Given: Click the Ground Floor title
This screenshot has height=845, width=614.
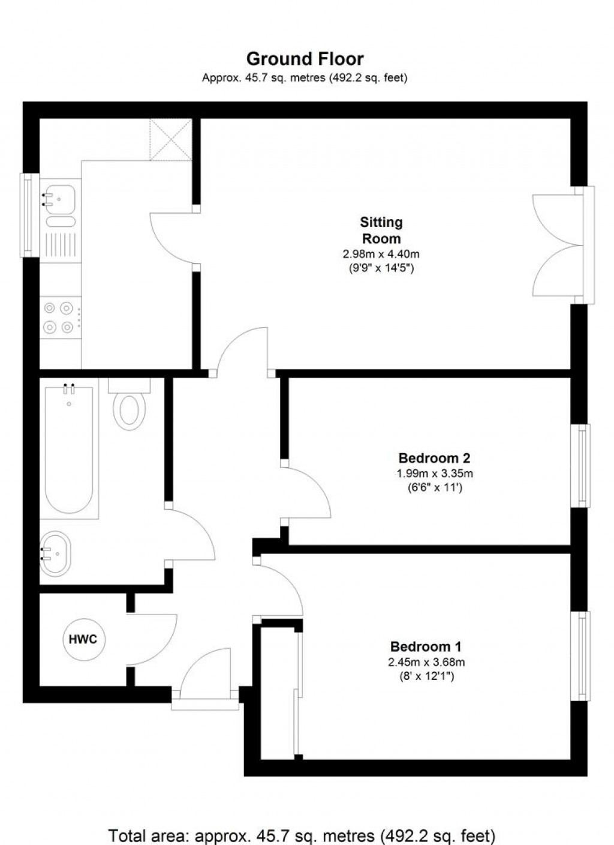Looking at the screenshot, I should pyautogui.click(x=305, y=59).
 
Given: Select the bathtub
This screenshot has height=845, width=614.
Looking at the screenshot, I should pyautogui.click(x=69, y=450).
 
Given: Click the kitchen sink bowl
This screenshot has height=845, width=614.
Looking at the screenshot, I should pyautogui.click(x=61, y=197).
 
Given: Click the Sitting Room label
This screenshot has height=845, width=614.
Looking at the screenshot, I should pyautogui.click(x=381, y=230).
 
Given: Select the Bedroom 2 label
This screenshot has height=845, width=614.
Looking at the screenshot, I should pyautogui.click(x=430, y=458).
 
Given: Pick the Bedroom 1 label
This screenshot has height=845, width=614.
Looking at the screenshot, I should pyautogui.click(x=426, y=647).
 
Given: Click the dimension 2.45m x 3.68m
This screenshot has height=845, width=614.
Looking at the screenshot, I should pyautogui.click(x=426, y=663).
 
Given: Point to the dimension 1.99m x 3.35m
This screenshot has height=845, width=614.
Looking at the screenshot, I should pyautogui.click(x=430, y=474).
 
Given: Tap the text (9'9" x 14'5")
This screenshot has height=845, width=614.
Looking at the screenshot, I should pyautogui.click(x=381, y=268).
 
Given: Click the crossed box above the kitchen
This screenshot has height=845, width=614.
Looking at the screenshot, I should pyautogui.click(x=170, y=139).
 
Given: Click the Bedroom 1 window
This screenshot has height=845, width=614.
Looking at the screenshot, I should pyautogui.click(x=583, y=655).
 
